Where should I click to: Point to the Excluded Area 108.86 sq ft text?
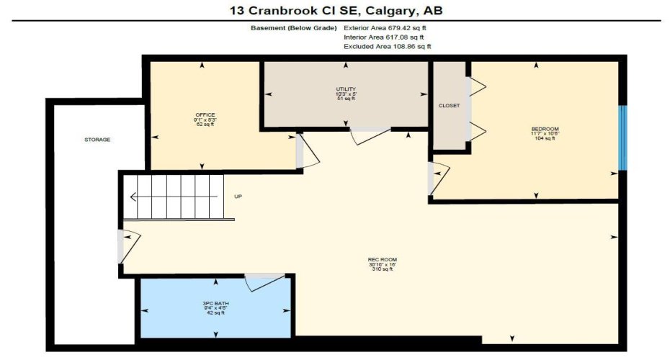pyautogui.click(x=388, y=46)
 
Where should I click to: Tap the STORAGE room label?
pyautogui.click(x=97, y=139)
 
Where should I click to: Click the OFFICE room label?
pyautogui.click(x=205, y=115)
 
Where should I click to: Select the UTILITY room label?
pyautogui.click(x=346, y=89)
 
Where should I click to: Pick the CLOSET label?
pyautogui.click(x=449, y=106)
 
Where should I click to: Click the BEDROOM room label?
pyautogui.click(x=545, y=130)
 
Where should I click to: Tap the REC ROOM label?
pyautogui.click(x=383, y=260)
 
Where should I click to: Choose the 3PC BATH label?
pyautogui.click(x=213, y=304)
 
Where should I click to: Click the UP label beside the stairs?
pyautogui.click(x=238, y=196)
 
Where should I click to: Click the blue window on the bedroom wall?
pyautogui.click(x=623, y=138)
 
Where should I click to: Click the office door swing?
pyautogui.click(x=308, y=152)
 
